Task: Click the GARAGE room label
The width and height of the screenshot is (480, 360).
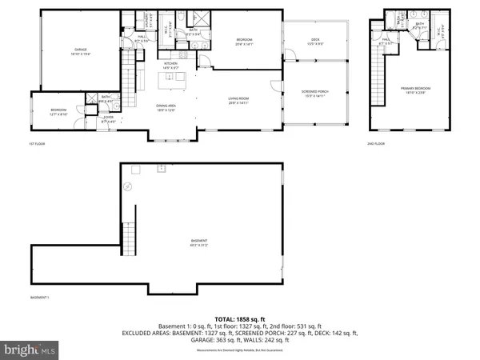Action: (79, 50)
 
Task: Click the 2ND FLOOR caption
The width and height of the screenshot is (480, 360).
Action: (376, 144)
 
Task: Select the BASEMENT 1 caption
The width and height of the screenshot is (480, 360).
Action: (41, 297)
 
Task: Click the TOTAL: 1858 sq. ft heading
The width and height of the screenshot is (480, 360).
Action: (239, 318)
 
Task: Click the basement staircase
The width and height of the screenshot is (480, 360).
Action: (126, 238)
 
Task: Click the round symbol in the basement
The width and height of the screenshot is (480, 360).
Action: (126, 186)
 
